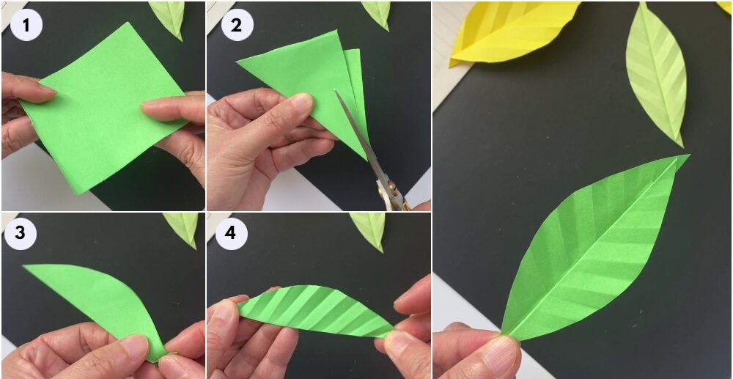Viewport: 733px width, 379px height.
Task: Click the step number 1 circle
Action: pyautogui.click(x=26, y=25)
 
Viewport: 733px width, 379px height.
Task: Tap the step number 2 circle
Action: pyautogui.click(x=237, y=25)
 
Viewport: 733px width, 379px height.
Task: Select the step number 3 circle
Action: pyautogui.click(x=20, y=233)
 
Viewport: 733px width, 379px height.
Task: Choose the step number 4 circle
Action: pyautogui.click(x=230, y=233)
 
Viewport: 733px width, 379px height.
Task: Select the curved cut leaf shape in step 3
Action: pyautogui.click(x=98, y=299)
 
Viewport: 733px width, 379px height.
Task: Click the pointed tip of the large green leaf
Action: pyautogui.click(x=688, y=155)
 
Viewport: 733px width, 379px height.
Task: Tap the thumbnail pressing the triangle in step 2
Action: pyautogui.click(x=301, y=103)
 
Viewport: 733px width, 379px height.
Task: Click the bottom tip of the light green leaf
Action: pyautogui.click(x=681, y=146)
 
